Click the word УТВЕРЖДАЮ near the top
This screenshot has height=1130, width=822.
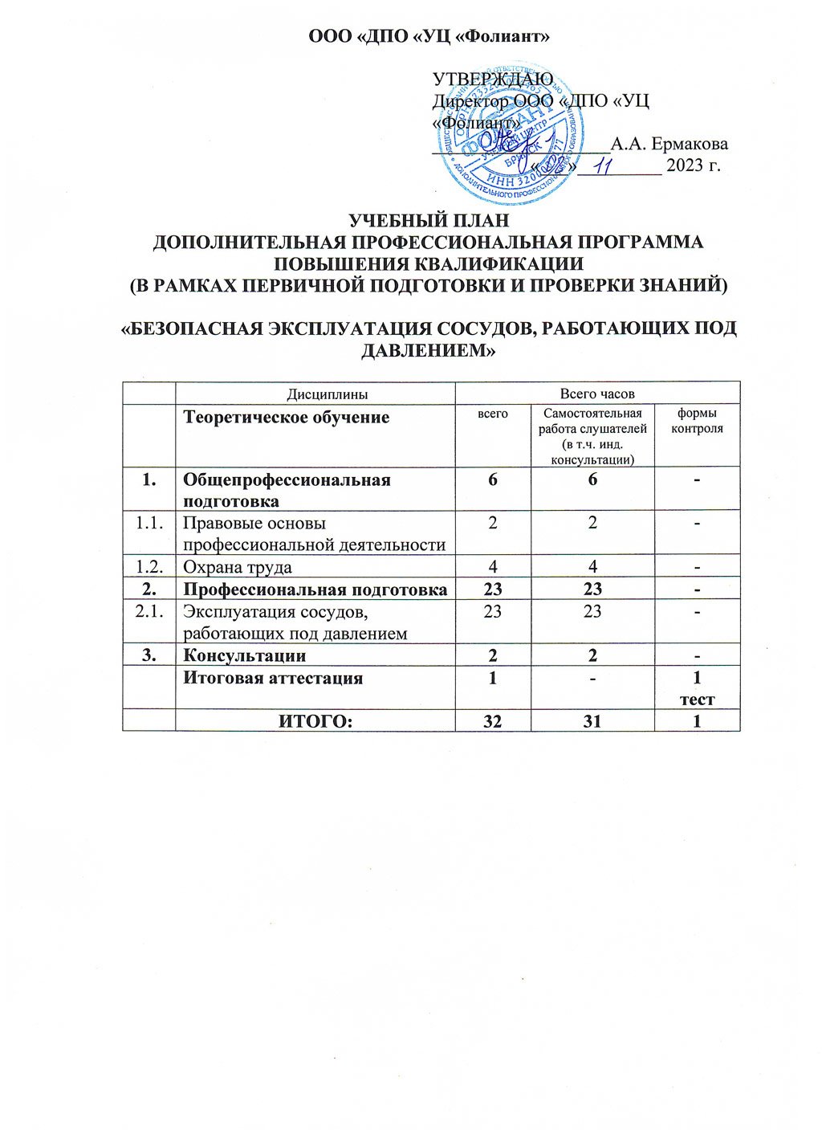point(492,79)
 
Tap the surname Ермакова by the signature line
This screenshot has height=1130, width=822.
point(669,145)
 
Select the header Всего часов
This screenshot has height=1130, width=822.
point(597,394)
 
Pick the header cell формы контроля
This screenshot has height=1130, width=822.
point(697,421)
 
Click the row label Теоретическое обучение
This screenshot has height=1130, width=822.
point(287,418)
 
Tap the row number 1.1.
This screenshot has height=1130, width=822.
point(149,523)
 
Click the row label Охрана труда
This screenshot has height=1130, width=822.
point(237,567)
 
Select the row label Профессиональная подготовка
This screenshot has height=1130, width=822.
point(315,589)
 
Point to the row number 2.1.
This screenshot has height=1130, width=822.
point(149,611)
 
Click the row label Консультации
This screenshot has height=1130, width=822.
point(244,655)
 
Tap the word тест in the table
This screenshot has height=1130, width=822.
point(697,700)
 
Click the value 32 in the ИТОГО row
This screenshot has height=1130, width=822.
point(492,721)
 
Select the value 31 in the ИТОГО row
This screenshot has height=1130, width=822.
point(592,721)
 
